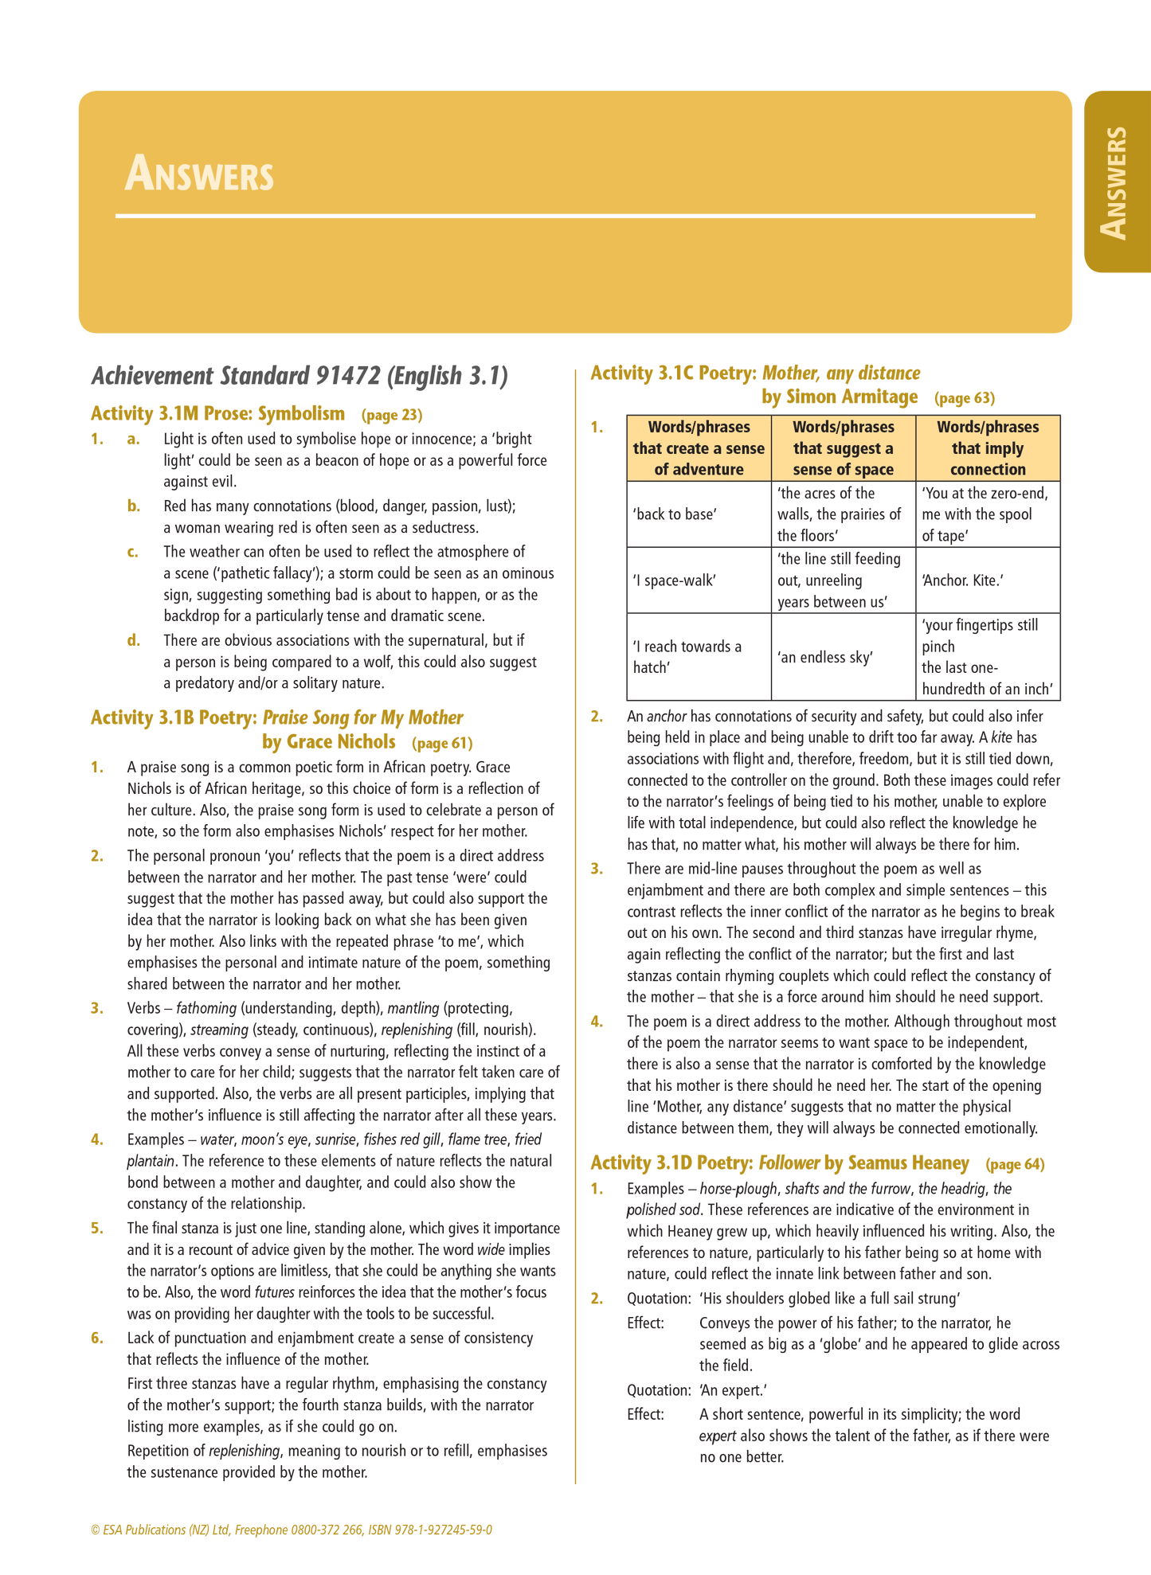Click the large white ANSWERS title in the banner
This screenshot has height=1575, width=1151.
point(199,175)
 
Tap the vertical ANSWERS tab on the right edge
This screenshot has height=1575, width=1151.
point(1114,182)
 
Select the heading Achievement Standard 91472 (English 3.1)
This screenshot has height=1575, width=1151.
point(299,376)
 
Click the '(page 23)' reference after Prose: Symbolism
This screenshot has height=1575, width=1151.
point(392,415)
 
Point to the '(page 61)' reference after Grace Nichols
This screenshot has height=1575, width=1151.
point(442,744)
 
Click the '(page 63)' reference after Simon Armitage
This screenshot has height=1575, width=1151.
point(965,398)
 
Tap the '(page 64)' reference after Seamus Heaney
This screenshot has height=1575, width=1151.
point(1015,1164)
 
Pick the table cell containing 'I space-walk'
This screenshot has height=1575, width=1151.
point(674,580)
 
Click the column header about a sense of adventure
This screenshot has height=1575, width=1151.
point(699,448)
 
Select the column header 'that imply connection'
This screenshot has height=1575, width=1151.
point(988,448)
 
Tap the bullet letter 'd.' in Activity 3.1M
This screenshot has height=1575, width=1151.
point(134,640)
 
